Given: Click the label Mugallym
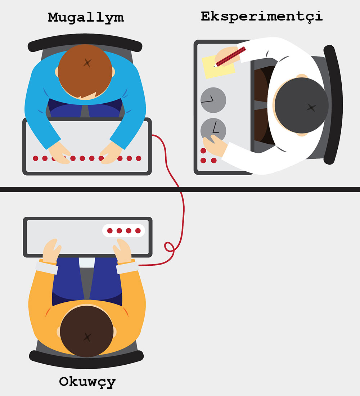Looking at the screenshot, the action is coord(86,18).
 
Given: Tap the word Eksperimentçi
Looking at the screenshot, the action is coord(262,17).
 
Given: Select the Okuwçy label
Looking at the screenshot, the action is coord(87,382).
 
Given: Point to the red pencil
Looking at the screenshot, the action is coord(230,57).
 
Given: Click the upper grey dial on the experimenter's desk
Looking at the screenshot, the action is coord(213,100).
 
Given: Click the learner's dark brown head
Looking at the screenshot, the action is coord(87,331).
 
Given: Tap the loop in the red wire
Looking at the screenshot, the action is coord(169,247).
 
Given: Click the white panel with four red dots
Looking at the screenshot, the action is coord(123,230).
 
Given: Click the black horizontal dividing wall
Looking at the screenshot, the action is coord(180,190).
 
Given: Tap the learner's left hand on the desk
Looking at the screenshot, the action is coord(52,250).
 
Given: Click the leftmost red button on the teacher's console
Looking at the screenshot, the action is coord(36,158).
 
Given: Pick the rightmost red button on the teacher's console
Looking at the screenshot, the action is coord(139,158).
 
